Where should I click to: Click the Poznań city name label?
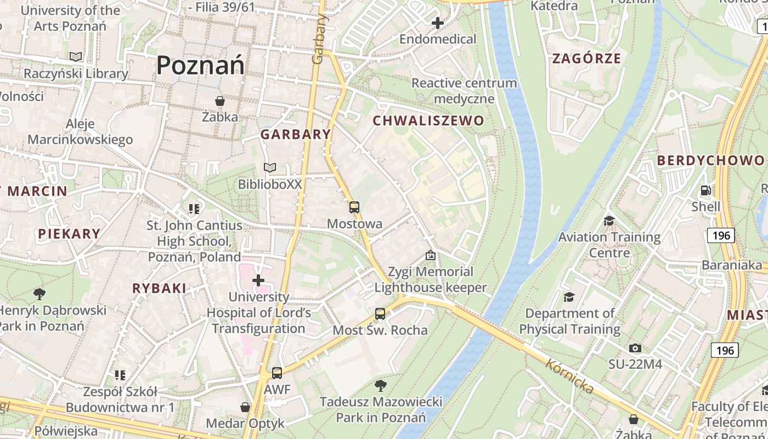point(200,65)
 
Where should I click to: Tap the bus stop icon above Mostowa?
point(354,207)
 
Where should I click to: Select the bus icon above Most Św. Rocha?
point(380,314)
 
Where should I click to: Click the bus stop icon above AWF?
point(277,373)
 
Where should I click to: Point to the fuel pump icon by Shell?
point(705,190)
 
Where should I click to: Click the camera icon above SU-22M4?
point(635,348)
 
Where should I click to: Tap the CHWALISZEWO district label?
point(428,121)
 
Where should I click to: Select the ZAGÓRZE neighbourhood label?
point(586,59)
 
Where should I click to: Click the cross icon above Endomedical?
point(438,23)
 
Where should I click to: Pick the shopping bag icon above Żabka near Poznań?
point(220,101)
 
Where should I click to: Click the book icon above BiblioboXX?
point(270,167)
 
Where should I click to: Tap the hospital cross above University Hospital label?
point(258,281)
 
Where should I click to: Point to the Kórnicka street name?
point(570,376)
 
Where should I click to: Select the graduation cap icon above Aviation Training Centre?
point(609,221)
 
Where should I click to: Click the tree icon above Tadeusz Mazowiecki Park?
point(381,385)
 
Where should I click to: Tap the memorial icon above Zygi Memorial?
point(431,255)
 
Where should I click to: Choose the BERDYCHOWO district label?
point(710,160)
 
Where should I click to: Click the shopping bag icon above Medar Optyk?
point(245,407)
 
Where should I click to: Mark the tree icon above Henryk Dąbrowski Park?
point(39,294)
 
